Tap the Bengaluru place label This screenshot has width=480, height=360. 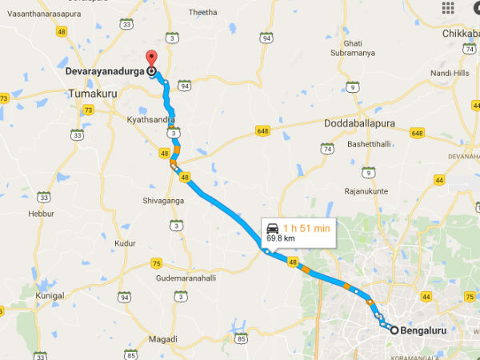[x=422, y=329]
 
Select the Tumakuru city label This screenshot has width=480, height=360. [x=94, y=93]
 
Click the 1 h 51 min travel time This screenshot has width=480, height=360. [x=307, y=227]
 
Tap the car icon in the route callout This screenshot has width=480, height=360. [x=273, y=227]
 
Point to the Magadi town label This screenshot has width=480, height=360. [x=162, y=339]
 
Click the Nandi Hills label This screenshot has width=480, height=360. [x=450, y=72]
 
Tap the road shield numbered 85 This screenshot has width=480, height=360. [x=242, y=338]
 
